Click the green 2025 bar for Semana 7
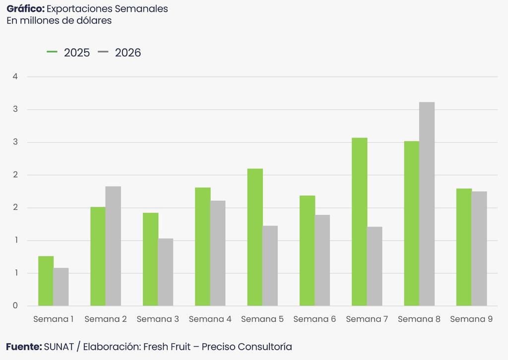(x=360, y=222)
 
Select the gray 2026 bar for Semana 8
(x=427, y=204)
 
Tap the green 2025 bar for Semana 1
(x=46, y=281)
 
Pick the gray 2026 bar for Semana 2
(x=113, y=246)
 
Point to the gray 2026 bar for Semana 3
(x=166, y=272)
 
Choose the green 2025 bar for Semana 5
(x=255, y=237)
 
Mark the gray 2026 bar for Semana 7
(x=375, y=266)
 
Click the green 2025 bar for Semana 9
(x=464, y=247)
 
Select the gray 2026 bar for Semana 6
(x=322, y=260)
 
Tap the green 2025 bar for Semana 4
(x=202, y=246)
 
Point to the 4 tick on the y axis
(x=15, y=77)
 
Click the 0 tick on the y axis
(x=15, y=305)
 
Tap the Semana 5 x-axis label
(x=262, y=319)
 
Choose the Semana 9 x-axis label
(x=471, y=319)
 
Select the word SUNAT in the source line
(x=58, y=347)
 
